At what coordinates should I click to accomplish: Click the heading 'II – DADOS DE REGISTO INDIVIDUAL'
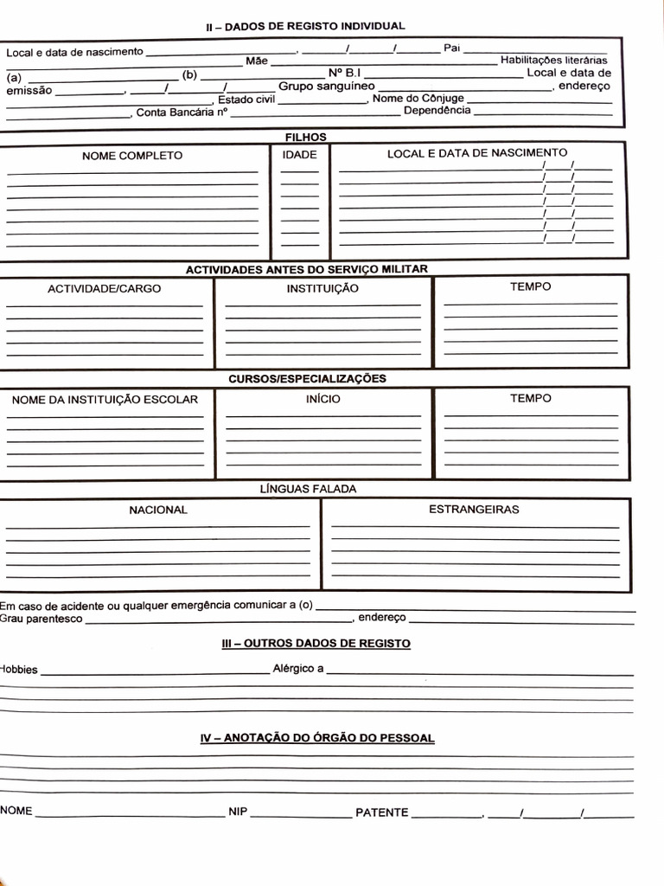pyautogui.click(x=305, y=26)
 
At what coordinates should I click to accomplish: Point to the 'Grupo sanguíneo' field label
pyautogui.click(x=326, y=87)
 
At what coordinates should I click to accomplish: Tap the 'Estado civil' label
pyautogui.click(x=246, y=100)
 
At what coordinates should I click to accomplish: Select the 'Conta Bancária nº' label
pyautogui.click(x=182, y=112)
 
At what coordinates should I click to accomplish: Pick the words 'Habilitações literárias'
pyautogui.click(x=553, y=61)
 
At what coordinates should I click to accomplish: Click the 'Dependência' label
pyautogui.click(x=437, y=111)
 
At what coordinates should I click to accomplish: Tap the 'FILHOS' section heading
pyautogui.click(x=306, y=137)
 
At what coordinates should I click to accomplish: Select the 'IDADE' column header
pyautogui.click(x=300, y=156)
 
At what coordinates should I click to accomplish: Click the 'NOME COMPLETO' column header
pyautogui.click(x=132, y=156)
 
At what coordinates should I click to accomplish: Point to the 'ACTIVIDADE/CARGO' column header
pyautogui.click(x=104, y=289)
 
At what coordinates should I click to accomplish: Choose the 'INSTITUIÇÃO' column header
pyautogui.click(x=322, y=289)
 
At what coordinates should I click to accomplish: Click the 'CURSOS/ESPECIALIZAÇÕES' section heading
pyautogui.click(x=307, y=379)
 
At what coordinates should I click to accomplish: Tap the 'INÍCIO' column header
pyautogui.click(x=322, y=399)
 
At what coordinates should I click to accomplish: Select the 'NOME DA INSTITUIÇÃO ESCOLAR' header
pyautogui.click(x=105, y=400)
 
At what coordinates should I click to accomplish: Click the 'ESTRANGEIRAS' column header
pyautogui.click(x=474, y=510)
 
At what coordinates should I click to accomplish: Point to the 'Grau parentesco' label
pyautogui.click(x=41, y=619)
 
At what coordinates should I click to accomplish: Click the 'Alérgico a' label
pyautogui.click(x=298, y=669)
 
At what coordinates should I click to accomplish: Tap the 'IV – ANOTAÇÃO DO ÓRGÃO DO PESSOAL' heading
pyautogui.click(x=317, y=738)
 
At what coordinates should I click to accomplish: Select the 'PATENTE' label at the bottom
pyautogui.click(x=382, y=812)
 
